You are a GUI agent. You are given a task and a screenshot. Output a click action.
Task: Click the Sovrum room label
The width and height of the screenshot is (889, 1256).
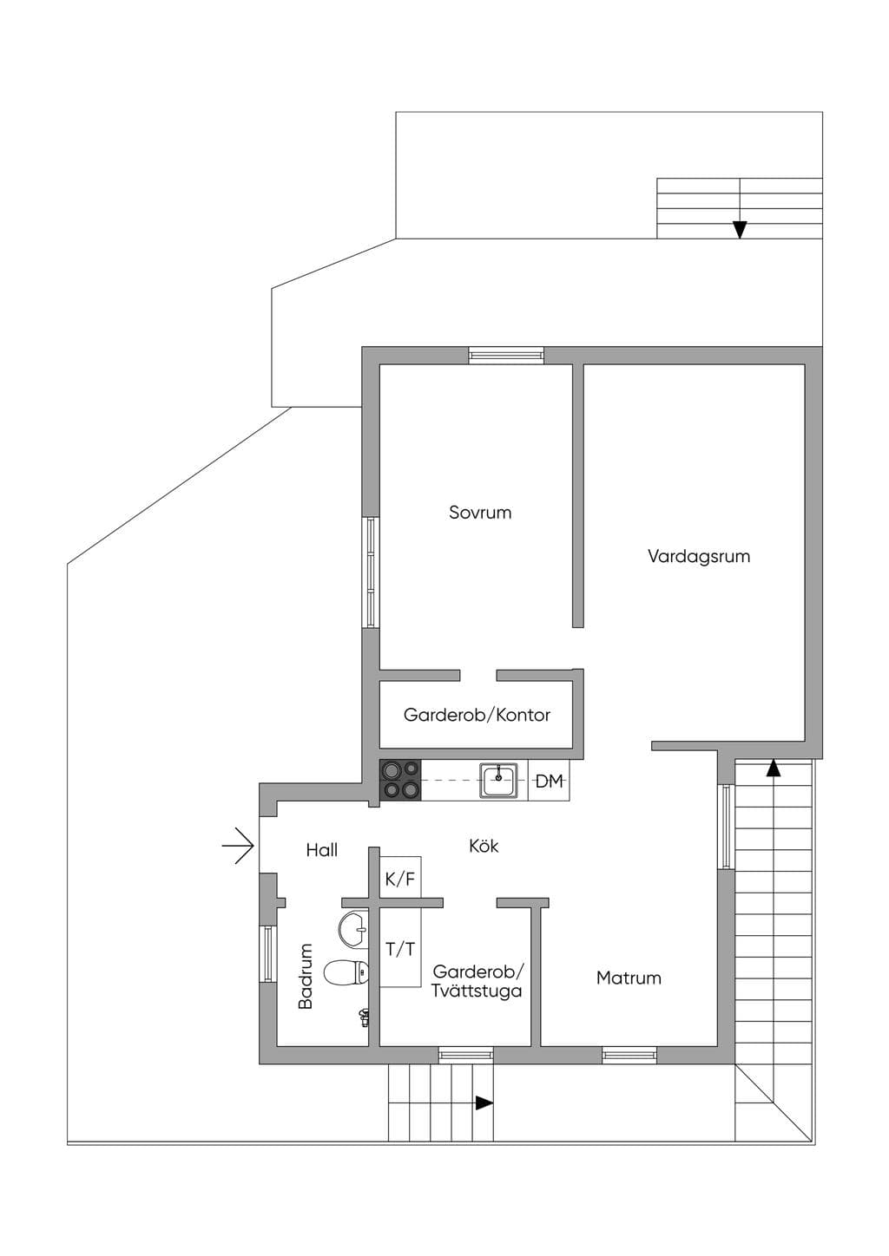coord(480,513)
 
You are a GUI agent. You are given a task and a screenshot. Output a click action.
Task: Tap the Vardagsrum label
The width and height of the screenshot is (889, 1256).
coord(699,556)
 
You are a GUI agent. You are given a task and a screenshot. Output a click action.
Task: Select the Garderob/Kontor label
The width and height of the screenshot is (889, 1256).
coord(477,715)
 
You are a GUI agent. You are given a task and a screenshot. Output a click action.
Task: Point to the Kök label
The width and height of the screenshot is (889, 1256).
coord(484,846)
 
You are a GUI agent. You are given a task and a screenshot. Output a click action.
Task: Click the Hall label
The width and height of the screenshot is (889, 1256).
coord(321,850)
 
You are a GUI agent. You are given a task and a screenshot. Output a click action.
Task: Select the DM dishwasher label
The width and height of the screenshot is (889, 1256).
coord(549,781)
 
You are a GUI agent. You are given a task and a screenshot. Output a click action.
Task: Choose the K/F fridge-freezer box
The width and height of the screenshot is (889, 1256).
coord(400,879)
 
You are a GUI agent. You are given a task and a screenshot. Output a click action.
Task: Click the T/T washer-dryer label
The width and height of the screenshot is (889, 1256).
coord(399,949)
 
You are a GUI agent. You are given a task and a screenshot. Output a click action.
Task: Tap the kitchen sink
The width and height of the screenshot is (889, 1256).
coord(498,780)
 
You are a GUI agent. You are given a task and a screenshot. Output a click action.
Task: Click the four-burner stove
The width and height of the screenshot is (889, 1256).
coord(400,780)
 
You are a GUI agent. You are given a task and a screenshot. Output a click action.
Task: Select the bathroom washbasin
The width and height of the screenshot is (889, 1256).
coord(353,929)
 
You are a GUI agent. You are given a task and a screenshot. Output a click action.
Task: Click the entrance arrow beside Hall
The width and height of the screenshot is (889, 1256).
coord(239,845)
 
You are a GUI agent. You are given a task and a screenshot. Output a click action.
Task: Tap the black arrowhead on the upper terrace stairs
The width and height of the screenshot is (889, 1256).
coord(740,230)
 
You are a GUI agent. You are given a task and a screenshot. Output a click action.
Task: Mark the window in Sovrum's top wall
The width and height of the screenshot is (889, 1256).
coord(506,355)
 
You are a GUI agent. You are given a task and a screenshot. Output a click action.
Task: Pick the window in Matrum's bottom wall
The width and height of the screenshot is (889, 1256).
coord(629,1056)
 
